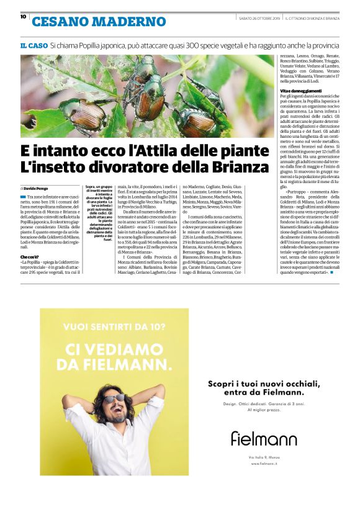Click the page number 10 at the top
(23, 17)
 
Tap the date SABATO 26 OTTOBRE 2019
(259, 18)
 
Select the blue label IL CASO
(34, 46)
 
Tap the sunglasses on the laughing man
(114, 398)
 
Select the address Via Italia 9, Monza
(264, 457)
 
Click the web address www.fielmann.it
(264, 464)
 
